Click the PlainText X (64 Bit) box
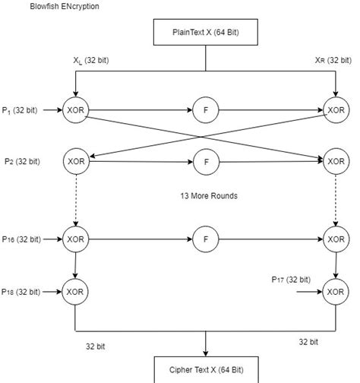tap(206, 33)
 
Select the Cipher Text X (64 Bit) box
tap(206, 369)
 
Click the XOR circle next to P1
tap(76, 110)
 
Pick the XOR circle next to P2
tap(76, 161)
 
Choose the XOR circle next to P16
tap(76, 239)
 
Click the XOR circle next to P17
tap(335, 291)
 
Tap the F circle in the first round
tap(205, 110)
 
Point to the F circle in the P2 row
tap(205, 161)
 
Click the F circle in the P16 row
tap(205, 239)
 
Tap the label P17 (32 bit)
tap(291, 279)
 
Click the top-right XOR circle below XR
tap(335, 110)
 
